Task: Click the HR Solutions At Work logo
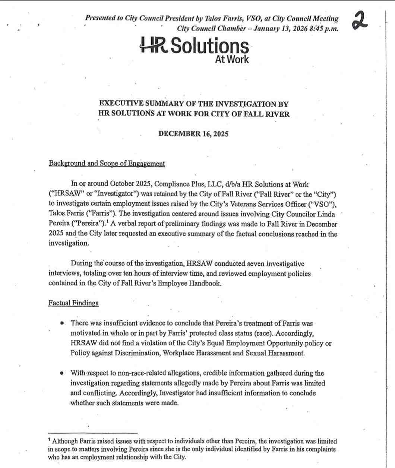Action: [194, 50]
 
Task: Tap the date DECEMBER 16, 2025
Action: [193, 134]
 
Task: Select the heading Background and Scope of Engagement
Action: [107, 164]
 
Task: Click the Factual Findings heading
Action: [73, 303]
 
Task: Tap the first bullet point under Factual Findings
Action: [62, 323]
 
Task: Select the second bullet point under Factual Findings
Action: [62, 373]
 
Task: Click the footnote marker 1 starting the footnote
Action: [50, 440]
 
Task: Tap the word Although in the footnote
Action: [65, 441]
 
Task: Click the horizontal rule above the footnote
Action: [93, 433]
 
